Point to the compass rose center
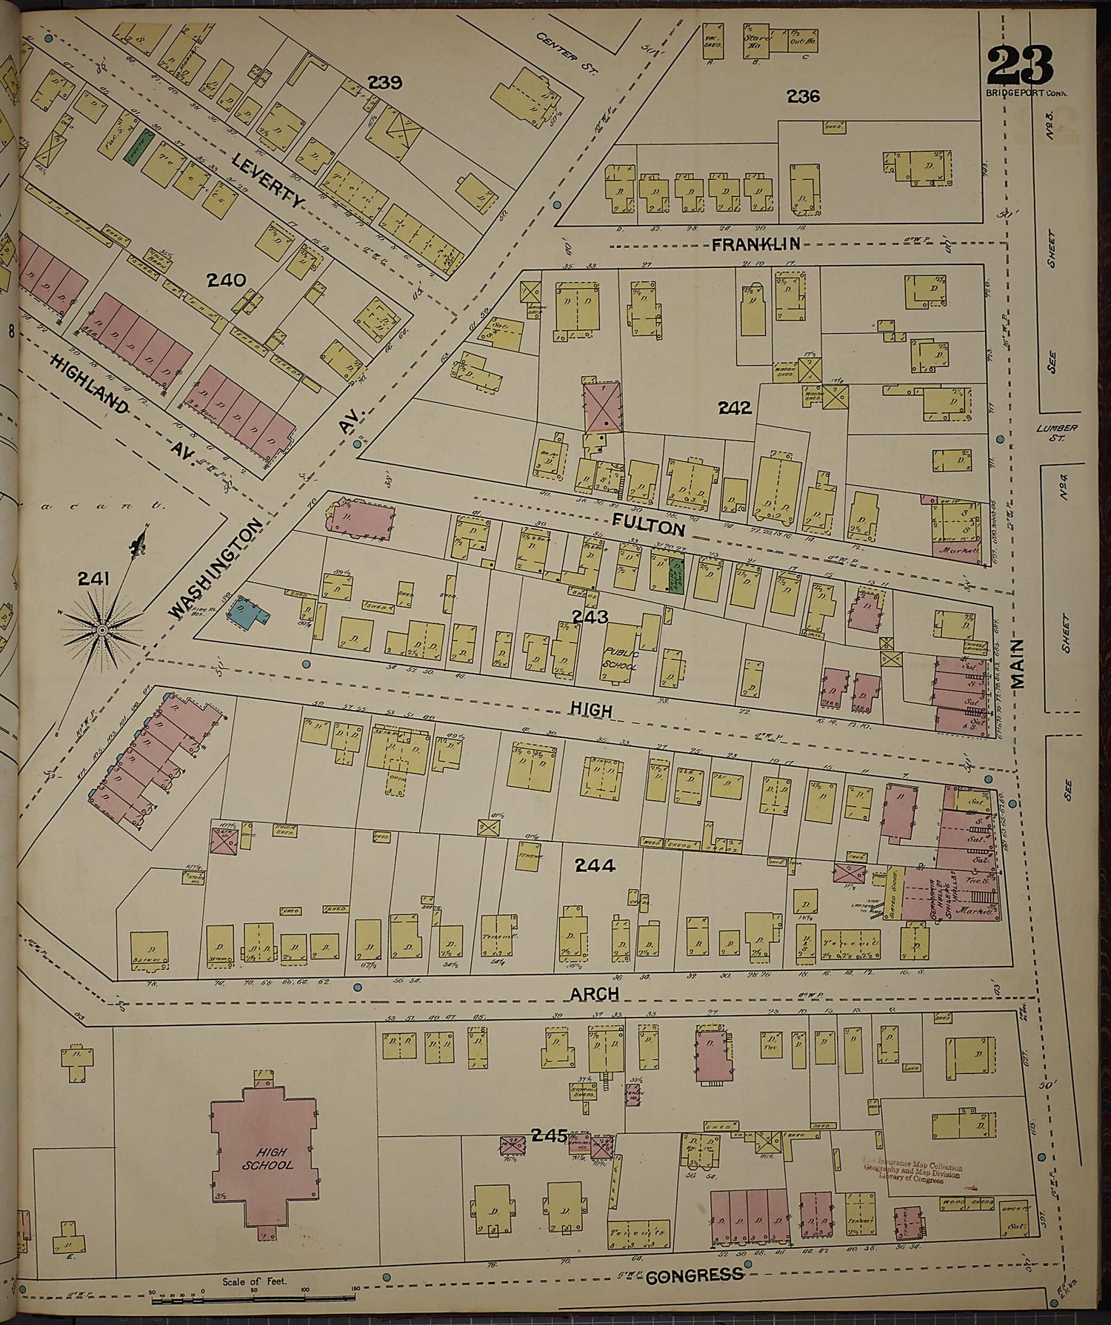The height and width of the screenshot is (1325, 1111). pos(102,629)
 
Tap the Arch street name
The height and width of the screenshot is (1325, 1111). pos(595,993)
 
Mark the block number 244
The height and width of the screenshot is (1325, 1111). pos(595,864)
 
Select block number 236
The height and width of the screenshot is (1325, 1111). pos(803,96)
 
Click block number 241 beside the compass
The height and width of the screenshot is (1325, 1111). pos(95,579)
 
